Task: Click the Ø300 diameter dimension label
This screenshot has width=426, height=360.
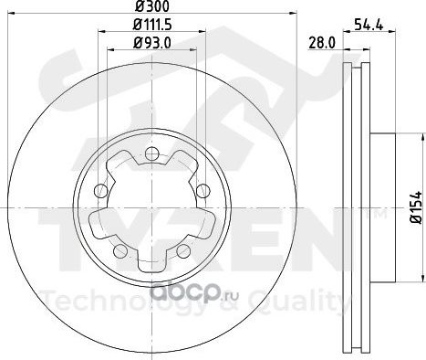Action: point(151,6)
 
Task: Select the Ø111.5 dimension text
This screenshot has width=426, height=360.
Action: point(152,25)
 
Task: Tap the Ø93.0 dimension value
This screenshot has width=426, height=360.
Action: point(152,43)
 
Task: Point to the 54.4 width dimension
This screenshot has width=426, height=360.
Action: point(369,25)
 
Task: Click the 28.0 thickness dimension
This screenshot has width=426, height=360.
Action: point(322,43)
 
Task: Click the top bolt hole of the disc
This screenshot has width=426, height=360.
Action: point(151,154)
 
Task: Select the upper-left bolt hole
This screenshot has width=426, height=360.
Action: point(101,191)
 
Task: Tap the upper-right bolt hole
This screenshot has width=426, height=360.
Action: point(203,191)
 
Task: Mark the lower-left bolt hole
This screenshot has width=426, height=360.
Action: point(120,250)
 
